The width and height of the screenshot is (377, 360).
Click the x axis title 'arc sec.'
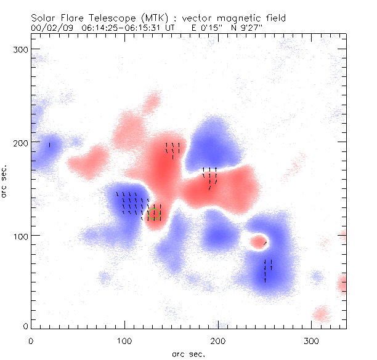click(188, 353)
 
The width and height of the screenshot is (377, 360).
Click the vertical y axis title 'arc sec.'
click(5, 182)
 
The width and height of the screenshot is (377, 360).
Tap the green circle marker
click(154, 214)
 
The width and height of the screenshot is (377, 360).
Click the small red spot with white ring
click(259, 241)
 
